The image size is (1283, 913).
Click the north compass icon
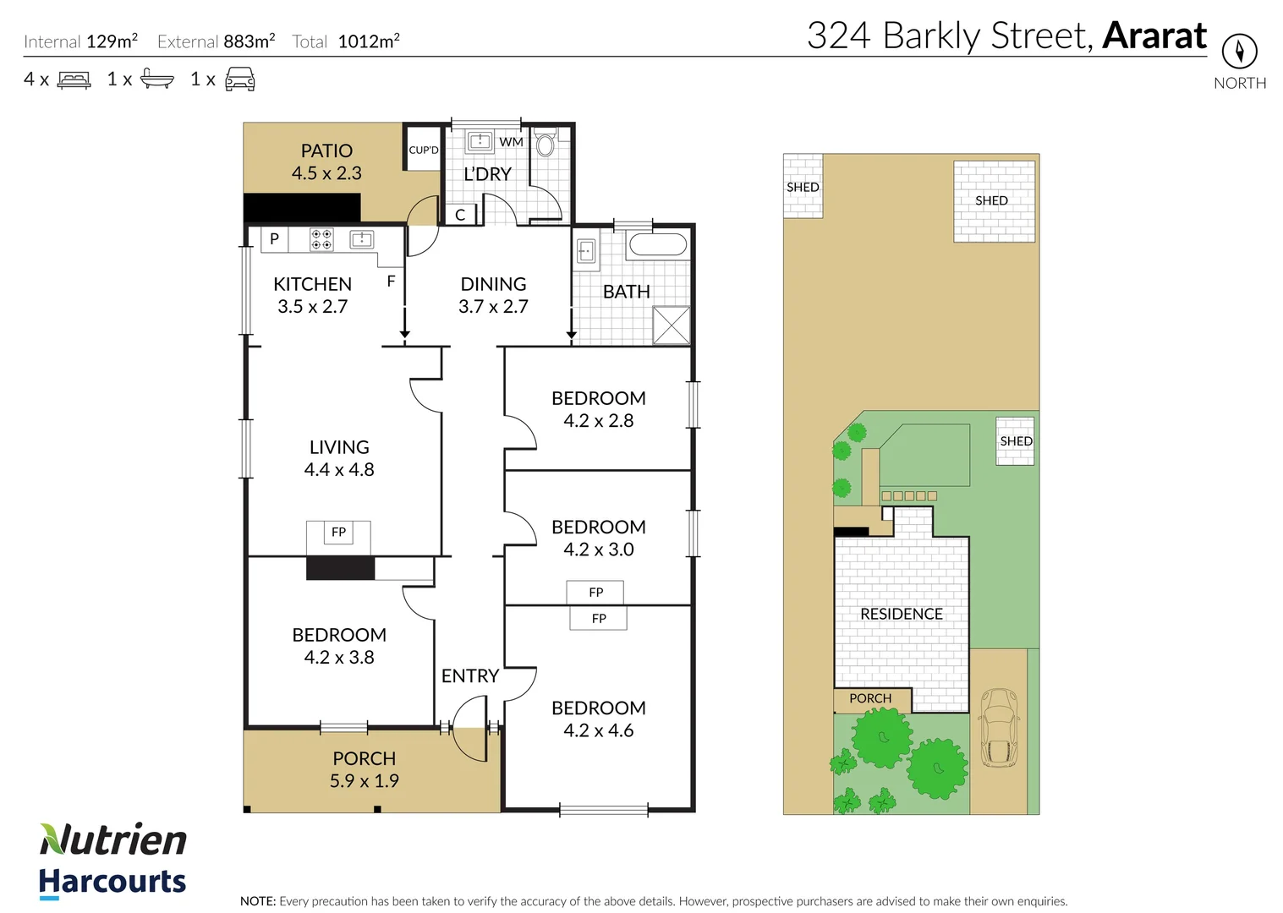[x=1239, y=52]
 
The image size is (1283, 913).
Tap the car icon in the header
[x=240, y=79]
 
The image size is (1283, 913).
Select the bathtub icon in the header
[x=157, y=79]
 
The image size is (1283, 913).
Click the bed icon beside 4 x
[x=74, y=80]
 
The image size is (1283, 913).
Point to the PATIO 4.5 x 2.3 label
[x=326, y=162]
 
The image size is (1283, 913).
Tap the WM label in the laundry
[x=511, y=142]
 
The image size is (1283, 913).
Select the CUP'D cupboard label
[x=424, y=150]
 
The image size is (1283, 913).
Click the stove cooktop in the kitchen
[x=321, y=239]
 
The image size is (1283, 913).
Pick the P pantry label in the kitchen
[x=274, y=239]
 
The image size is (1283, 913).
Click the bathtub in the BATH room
[x=657, y=246]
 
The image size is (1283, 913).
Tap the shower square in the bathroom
[x=672, y=325]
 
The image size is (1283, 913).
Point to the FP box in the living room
[x=338, y=533]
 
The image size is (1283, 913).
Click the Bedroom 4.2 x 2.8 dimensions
[x=598, y=421]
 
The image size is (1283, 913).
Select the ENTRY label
[x=469, y=676]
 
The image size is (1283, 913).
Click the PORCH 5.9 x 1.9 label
[x=364, y=770]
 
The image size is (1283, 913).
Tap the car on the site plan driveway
[x=999, y=728]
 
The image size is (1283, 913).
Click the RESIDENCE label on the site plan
[x=901, y=615]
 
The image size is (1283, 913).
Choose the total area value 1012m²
[x=369, y=41]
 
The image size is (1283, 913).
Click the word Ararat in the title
[x=1154, y=36]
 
